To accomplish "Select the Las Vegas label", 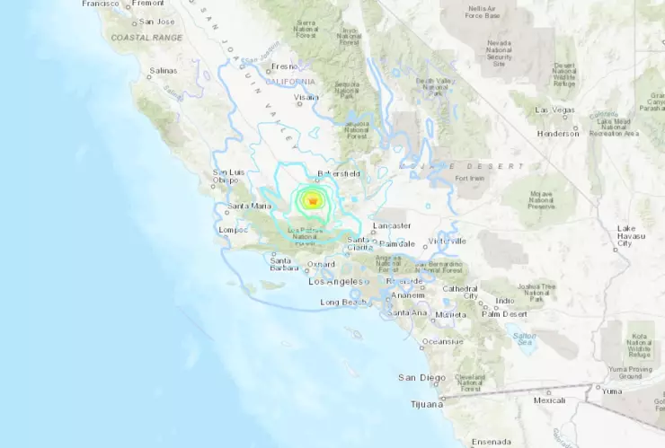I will tap(554, 110).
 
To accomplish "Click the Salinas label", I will tap(164, 69).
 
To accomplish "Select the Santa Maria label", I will tap(249, 206).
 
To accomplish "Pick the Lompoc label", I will tap(232, 230).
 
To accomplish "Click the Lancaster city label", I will tap(391, 225).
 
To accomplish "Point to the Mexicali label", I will tap(549, 400).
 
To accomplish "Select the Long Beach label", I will tap(342, 303).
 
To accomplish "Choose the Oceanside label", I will tap(443, 341).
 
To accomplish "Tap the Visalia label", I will tap(306, 96).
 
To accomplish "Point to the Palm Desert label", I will tap(503, 314).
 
